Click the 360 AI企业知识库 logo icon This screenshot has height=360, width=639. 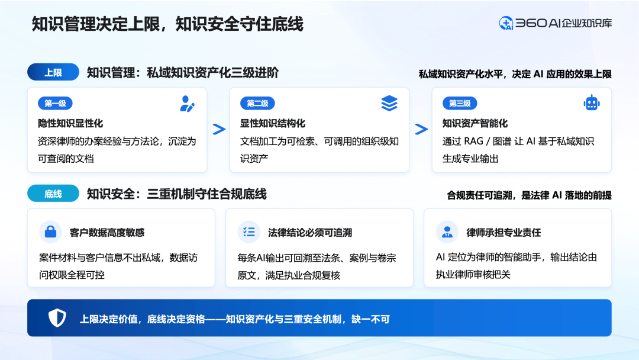click(506, 23)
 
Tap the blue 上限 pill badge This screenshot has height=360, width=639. click(53, 72)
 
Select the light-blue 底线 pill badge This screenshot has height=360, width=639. click(53, 193)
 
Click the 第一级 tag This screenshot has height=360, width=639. click(55, 103)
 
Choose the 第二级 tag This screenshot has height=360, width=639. click(257, 103)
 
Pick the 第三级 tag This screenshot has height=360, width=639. click(460, 103)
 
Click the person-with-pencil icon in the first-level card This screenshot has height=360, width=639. click(187, 104)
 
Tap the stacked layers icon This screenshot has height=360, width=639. click(389, 104)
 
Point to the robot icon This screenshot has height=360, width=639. click(591, 103)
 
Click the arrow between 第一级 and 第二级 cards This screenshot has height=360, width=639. click(220, 129)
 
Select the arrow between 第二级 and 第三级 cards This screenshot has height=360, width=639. click(421, 129)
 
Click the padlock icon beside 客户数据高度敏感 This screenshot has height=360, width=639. click(50, 232)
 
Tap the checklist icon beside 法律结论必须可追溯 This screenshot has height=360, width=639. click(249, 232)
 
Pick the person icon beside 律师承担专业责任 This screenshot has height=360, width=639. click(447, 232)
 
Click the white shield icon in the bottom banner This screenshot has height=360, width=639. click(57, 318)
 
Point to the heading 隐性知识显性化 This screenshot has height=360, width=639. click(70, 124)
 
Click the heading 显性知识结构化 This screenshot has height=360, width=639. click(273, 124)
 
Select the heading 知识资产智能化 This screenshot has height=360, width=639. click(475, 124)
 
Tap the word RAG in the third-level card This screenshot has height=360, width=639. click(473, 142)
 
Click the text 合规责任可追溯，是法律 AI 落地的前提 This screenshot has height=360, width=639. click(529, 196)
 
